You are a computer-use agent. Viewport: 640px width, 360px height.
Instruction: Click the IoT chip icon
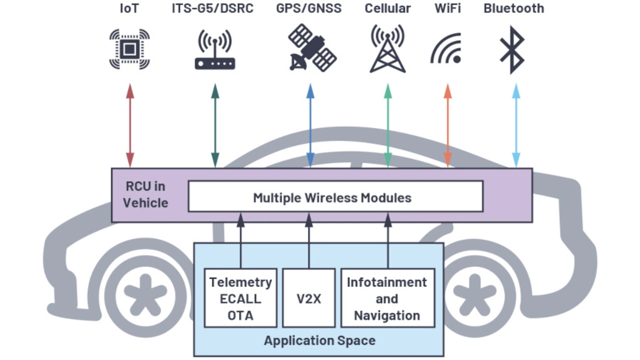tap(129, 49)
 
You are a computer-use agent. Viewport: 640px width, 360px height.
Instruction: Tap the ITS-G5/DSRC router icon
tap(215, 50)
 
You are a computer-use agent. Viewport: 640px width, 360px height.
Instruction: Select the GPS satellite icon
tap(312, 48)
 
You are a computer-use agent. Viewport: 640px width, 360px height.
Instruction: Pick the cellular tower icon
tap(387, 49)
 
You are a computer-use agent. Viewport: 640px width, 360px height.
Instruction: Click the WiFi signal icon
tap(446, 49)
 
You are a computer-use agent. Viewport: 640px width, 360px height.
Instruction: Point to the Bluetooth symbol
tap(512, 49)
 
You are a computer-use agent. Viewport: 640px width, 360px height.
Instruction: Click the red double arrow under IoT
tap(130, 125)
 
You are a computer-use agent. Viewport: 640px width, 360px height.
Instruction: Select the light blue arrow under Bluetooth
tap(516, 125)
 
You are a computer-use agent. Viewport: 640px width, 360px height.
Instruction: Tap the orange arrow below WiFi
tap(447, 125)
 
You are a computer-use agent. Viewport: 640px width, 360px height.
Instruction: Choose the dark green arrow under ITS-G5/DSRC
tap(215, 125)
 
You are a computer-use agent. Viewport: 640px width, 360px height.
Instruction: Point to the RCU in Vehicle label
tap(145, 194)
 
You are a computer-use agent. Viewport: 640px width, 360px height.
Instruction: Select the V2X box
tap(308, 298)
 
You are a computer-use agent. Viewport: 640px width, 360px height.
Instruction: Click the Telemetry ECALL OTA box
tap(240, 298)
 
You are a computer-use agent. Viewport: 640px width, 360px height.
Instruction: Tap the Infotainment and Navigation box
tap(387, 298)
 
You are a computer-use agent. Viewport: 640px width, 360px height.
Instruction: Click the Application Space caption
tap(319, 341)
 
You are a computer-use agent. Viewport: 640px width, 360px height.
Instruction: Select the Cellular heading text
tap(387, 8)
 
